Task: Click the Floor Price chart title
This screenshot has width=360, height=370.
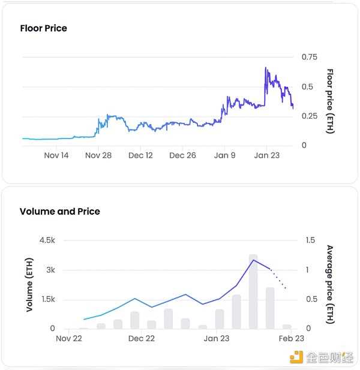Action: (43, 28)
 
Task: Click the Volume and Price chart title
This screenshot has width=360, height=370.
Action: (59, 211)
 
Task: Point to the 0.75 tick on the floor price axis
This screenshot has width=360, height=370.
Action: (309, 57)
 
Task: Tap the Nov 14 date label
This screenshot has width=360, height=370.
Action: (56, 155)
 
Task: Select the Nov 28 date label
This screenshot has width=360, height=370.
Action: (98, 155)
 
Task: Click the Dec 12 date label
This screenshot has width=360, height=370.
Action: (140, 155)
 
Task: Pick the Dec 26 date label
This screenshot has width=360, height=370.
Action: (182, 155)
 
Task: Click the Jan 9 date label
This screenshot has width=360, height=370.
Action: (225, 155)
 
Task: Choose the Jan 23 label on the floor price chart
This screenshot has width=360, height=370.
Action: (267, 155)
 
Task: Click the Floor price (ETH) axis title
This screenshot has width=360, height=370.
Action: (330, 101)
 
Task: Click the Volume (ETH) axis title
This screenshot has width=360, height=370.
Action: (29, 284)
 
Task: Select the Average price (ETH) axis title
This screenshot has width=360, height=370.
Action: (330, 284)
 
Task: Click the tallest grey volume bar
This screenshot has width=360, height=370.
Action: (253, 291)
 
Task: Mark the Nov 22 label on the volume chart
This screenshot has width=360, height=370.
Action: (68, 339)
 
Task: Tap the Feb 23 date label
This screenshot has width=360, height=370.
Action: (291, 339)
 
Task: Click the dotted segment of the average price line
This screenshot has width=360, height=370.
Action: (278, 279)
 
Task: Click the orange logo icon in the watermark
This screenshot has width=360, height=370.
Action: (296, 357)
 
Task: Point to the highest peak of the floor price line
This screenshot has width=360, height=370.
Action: (265, 68)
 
